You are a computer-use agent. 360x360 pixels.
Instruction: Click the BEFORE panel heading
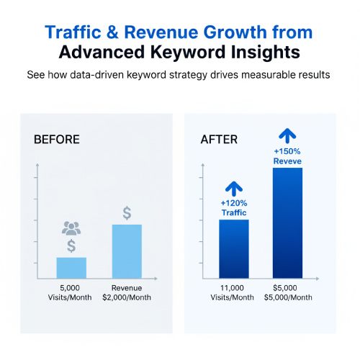(57, 139)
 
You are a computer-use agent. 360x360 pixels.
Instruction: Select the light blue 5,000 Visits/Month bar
(71, 268)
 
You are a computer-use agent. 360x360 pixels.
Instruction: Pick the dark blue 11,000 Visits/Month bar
(233, 249)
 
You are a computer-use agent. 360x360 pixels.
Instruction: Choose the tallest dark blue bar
(287, 223)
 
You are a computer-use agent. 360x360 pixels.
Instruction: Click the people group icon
(71, 229)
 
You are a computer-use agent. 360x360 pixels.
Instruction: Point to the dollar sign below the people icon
(71, 246)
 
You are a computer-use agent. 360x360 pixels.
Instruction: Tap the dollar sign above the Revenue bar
(127, 213)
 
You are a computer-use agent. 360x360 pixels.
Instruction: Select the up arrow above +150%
(287, 135)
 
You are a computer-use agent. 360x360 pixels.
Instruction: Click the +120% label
(233, 203)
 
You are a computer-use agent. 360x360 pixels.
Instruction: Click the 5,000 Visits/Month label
(71, 293)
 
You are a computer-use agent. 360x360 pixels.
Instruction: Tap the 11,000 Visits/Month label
(233, 293)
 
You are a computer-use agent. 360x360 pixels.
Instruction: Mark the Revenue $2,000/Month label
(127, 293)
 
